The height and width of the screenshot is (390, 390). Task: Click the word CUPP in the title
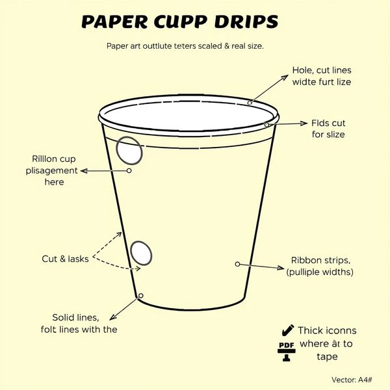pyautogui.click(x=180, y=21)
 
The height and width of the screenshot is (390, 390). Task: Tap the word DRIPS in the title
pyautogui.click(x=246, y=21)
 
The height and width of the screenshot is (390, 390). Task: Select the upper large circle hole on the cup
pyautogui.click(x=129, y=151)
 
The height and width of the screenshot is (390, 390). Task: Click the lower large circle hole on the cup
pyautogui.click(x=141, y=253)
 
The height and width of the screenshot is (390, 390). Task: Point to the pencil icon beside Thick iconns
pyautogui.click(x=288, y=330)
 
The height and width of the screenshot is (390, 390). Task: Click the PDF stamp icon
pyautogui.click(x=287, y=352)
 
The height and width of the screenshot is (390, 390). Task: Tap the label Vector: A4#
pyautogui.click(x=352, y=380)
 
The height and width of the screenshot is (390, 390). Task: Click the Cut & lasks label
pyautogui.click(x=65, y=259)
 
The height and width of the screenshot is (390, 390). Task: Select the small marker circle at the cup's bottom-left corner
pyautogui.click(x=140, y=296)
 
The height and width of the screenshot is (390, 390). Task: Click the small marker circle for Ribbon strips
pyautogui.click(x=237, y=264)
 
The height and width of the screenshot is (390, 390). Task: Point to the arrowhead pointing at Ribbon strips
pyautogui.click(x=281, y=268)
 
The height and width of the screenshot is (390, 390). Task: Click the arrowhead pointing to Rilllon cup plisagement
pyautogui.click(x=84, y=171)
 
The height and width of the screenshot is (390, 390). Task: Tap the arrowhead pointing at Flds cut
pyautogui.click(x=304, y=123)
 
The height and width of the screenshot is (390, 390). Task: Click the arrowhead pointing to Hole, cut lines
pyautogui.click(x=285, y=77)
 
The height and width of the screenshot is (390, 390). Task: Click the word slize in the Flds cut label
pyautogui.click(x=335, y=135)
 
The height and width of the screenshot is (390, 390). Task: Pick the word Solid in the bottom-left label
pyautogui.click(x=62, y=318)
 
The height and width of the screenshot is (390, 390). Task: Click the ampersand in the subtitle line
pyautogui.click(x=226, y=46)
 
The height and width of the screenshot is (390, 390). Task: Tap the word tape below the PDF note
pyautogui.click(x=327, y=357)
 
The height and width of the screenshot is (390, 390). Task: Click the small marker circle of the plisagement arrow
pyautogui.click(x=129, y=170)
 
